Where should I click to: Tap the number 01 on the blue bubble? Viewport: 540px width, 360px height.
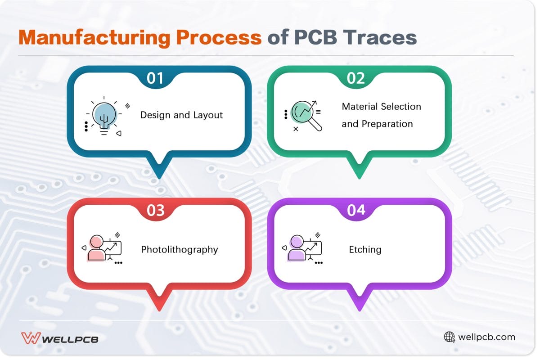pyautogui.click(x=155, y=78)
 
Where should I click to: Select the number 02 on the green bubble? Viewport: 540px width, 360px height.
pyautogui.click(x=356, y=78)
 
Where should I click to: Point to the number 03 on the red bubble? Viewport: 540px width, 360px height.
pyautogui.click(x=155, y=211)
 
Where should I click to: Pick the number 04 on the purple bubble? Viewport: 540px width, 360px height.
pyautogui.click(x=356, y=211)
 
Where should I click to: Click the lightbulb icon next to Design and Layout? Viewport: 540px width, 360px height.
pyautogui.click(x=104, y=116)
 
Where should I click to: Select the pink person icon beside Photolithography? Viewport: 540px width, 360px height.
pyautogui.click(x=97, y=248)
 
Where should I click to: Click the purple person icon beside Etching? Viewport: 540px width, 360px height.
pyautogui.click(x=297, y=248)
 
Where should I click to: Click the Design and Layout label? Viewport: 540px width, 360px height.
pyautogui.click(x=181, y=115)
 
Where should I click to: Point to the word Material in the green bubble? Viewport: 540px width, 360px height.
pyautogui.click(x=360, y=107)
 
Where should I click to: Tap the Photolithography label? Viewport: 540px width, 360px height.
pyautogui.click(x=180, y=249)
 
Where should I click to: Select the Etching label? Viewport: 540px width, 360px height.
pyautogui.click(x=365, y=249)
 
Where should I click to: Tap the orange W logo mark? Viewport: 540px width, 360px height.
pyautogui.click(x=31, y=338)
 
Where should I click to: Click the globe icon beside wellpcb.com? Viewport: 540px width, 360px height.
pyautogui.click(x=449, y=337)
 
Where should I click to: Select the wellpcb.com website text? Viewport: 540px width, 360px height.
pyautogui.click(x=486, y=337)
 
